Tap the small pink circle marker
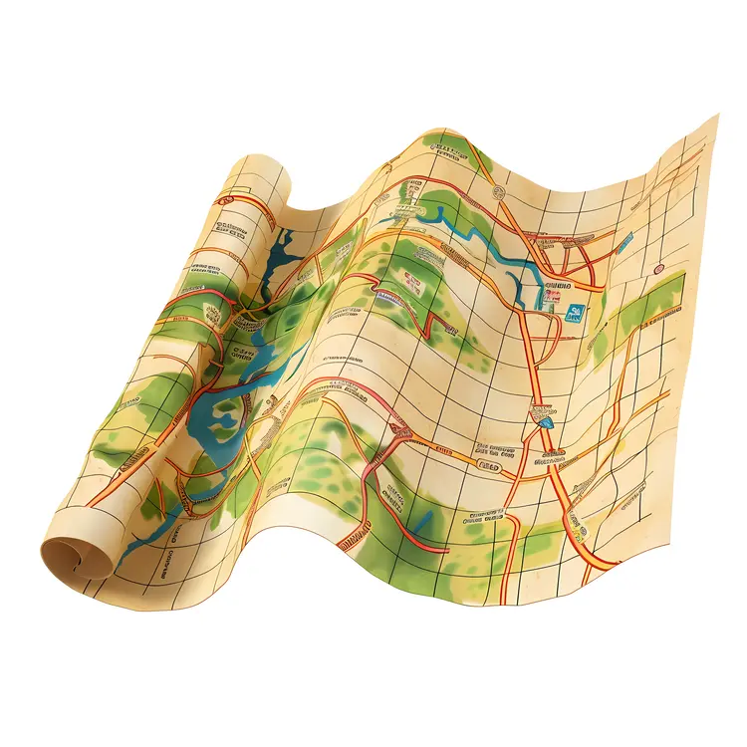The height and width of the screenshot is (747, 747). [x=657, y=270]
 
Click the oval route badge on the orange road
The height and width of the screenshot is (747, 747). [x=489, y=464]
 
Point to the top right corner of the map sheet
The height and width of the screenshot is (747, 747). [x=715, y=117]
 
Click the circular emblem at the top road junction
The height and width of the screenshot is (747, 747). [x=501, y=192]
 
